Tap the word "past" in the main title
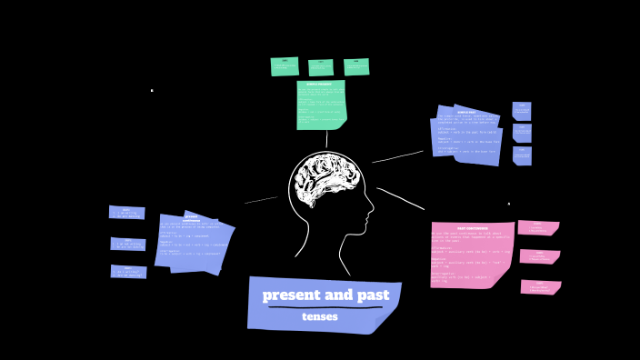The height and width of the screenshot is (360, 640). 373,295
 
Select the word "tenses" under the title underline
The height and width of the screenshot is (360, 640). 320,317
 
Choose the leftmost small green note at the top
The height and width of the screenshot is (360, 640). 285,66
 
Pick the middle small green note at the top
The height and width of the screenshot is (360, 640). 321,67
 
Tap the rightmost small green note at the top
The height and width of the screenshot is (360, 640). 356,66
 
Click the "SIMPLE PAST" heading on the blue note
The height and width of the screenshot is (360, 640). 467,113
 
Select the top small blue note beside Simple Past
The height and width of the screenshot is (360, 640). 522,111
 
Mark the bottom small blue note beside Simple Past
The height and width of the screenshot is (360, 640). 522,155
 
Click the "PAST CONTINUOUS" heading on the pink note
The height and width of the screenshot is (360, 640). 473,228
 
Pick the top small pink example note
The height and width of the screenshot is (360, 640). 538,228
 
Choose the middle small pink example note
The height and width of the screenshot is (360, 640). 539,256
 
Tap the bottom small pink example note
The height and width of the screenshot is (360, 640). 540,287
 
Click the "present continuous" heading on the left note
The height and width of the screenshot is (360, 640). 191,219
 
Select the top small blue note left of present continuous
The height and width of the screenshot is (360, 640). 127,213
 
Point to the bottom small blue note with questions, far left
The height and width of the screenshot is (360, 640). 128,272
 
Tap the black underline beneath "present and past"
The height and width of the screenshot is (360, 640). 325,307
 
